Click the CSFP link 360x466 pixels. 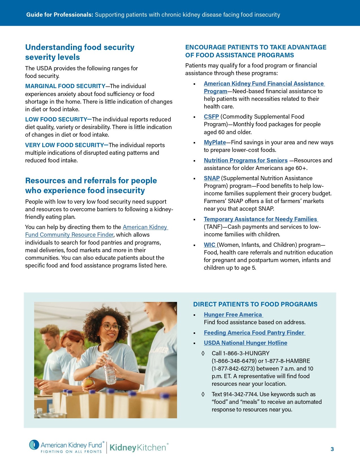tap(211, 117)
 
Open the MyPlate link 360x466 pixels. tap(215, 142)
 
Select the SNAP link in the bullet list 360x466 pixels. tap(211, 178)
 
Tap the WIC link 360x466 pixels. tap(210, 245)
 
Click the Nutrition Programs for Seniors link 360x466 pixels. tap(246, 160)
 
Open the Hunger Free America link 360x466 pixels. tap(233, 315)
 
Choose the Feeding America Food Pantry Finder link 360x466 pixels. tap(254, 333)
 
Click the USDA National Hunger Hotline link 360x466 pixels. tap(245, 343)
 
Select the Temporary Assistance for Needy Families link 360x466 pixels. tap(261, 219)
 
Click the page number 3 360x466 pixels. tap(332, 449)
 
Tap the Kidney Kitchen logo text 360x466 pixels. tap(138, 448)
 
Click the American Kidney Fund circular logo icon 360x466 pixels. tap(34, 445)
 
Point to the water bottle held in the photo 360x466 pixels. tap(109, 369)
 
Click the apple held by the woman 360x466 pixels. tap(88, 383)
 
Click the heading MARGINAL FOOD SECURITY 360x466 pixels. tap(65, 86)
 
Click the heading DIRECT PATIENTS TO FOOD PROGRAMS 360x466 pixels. tap(255, 304)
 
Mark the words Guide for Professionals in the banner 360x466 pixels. tap(60, 15)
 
